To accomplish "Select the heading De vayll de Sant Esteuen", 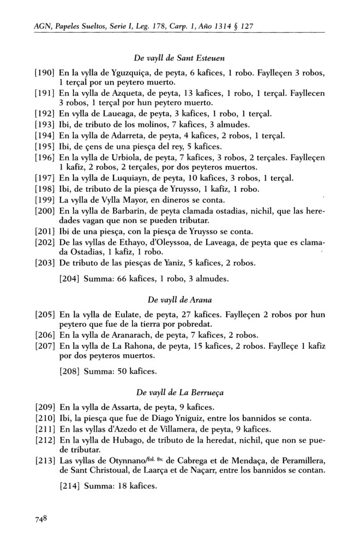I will click(179, 58).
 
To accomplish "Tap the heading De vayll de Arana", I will click(179, 299).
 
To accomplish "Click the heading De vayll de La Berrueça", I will click(179, 391).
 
